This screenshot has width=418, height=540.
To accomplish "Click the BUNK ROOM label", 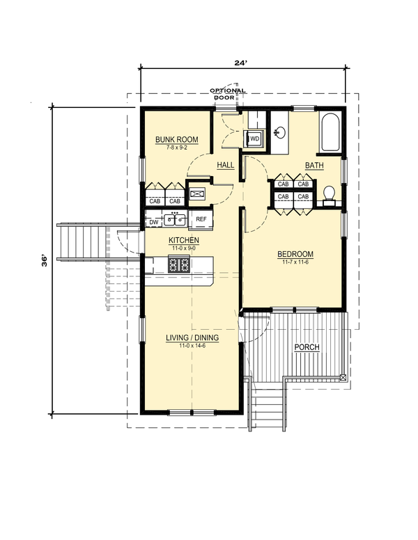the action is click(176, 139).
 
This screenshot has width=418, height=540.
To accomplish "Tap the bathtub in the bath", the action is click(331, 132).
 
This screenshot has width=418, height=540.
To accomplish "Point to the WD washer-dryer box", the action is click(255, 138).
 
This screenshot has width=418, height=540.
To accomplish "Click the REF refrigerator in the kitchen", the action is click(201, 219).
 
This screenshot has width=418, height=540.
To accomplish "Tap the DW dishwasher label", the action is click(154, 223).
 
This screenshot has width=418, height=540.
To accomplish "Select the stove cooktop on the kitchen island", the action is click(178, 264).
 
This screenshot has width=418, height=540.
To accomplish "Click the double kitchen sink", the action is click(174, 219).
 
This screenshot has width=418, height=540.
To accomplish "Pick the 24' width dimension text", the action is click(241, 63).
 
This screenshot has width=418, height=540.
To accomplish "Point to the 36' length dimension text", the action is click(45, 261).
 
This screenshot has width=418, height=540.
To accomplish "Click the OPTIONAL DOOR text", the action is click(228, 94).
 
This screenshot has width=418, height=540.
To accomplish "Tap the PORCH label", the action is click(307, 347).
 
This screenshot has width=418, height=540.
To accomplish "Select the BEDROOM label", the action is click(295, 254).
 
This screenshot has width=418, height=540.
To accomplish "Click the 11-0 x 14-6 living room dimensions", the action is click(192, 346).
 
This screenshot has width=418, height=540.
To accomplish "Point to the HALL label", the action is click(226, 166).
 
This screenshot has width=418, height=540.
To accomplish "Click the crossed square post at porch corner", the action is click(343, 377).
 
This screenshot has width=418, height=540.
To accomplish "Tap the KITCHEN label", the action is click(183, 240).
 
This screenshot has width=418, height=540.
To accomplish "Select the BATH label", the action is click(314, 166).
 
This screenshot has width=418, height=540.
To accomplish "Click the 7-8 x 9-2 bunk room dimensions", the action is click(176, 148).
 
